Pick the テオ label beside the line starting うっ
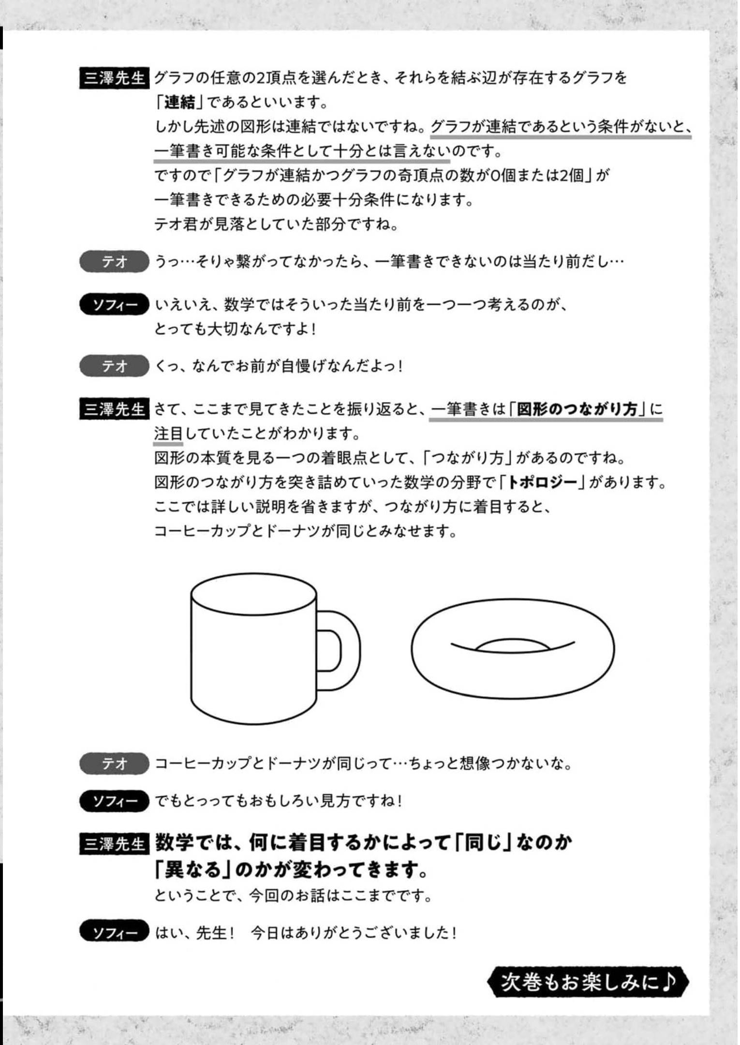pos(114,262)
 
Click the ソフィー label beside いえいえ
pos(114,305)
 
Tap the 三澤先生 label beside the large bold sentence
pos(114,844)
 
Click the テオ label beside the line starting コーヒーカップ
pos(114,764)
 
